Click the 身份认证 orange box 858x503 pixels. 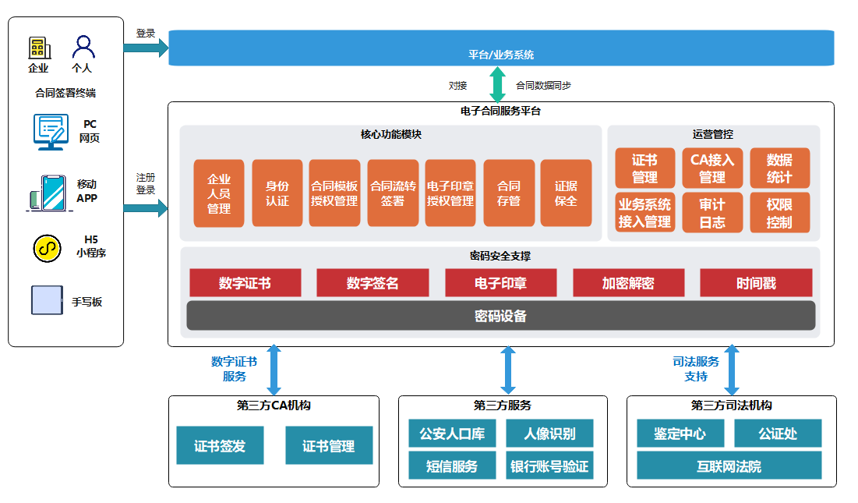click(277, 193)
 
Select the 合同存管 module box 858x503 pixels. click(509, 193)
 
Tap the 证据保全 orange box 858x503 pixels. click(566, 193)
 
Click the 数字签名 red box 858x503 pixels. click(373, 283)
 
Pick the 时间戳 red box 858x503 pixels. click(756, 283)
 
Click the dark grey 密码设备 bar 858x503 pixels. click(500, 316)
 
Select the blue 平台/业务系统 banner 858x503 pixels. click(501, 48)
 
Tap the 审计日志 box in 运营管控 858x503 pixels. click(712, 213)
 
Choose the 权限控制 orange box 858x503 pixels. click(779, 213)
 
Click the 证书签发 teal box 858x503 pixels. click(220, 445)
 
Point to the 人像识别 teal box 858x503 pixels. click(550, 434)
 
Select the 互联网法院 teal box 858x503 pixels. click(729, 466)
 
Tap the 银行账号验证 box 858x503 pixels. click(550, 466)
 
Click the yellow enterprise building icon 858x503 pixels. click(39, 48)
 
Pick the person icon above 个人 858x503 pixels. click(83, 48)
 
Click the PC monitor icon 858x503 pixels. click(51, 132)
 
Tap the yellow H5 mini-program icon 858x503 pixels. click(47, 248)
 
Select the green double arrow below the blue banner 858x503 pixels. click(497, 84)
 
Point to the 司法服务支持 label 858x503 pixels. click(696, 369)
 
